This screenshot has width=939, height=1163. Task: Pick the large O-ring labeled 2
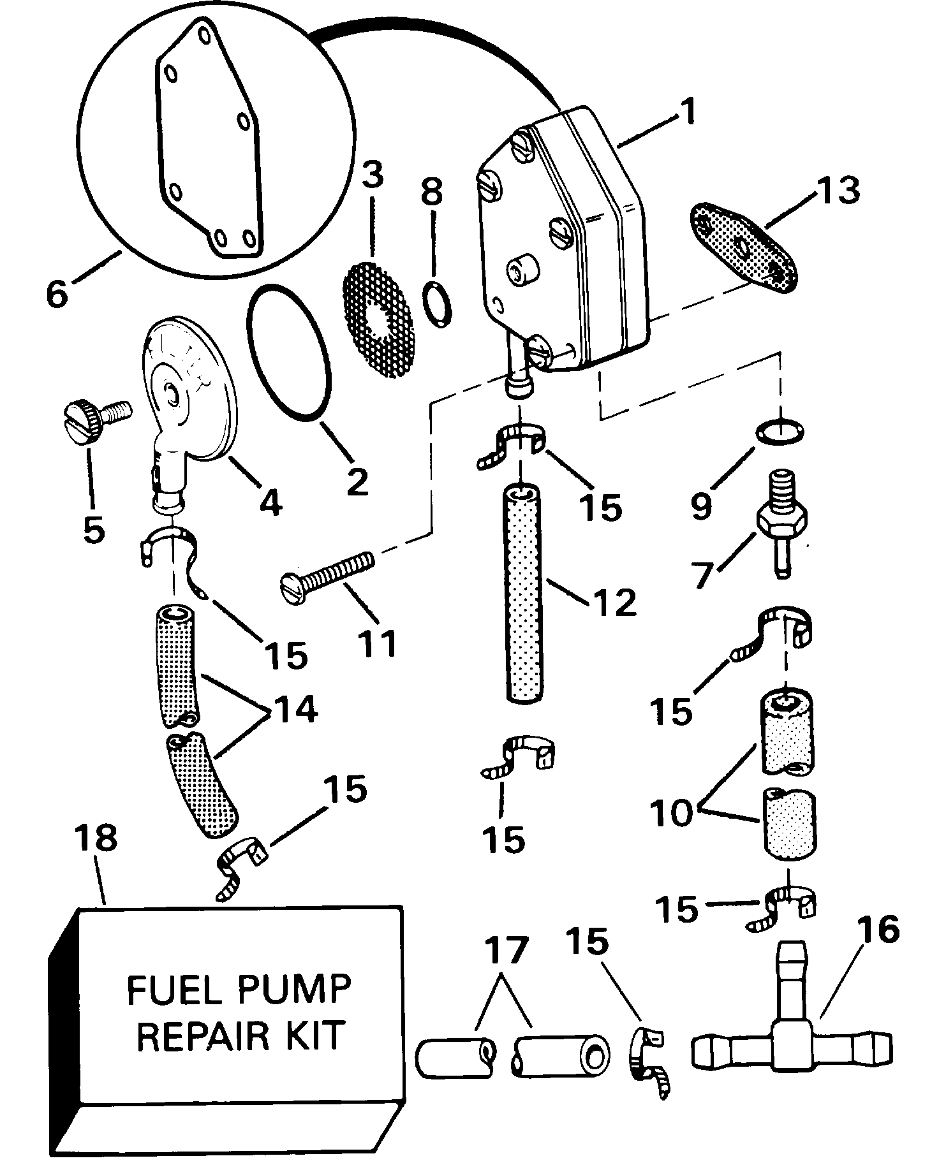289,353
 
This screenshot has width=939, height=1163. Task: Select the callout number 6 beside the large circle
57,295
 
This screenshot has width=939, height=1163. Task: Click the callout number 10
672,813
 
